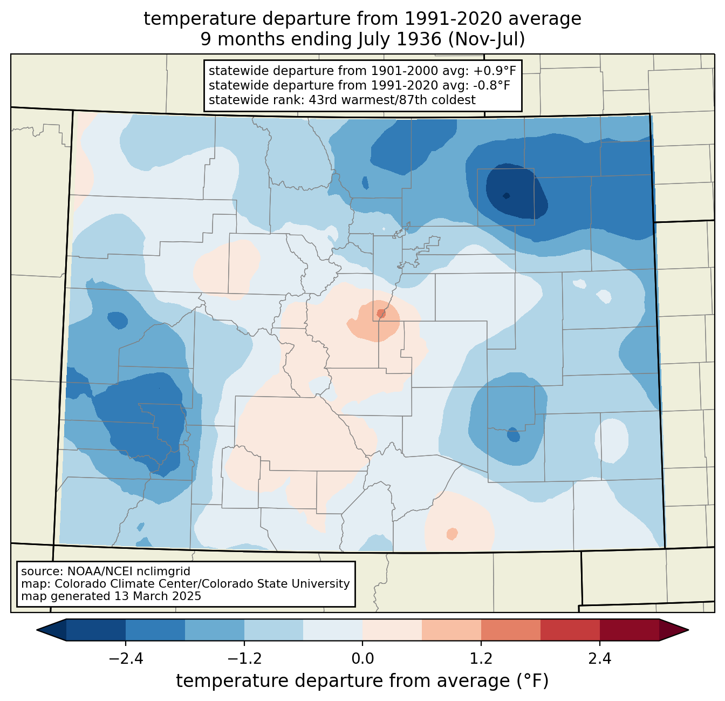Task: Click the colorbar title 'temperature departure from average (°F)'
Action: (362, 681)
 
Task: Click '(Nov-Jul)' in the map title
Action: (486, 39)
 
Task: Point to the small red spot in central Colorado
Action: (381, 314)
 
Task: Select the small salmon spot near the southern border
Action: (452, 534)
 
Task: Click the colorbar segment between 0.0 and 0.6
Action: (392, 630)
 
